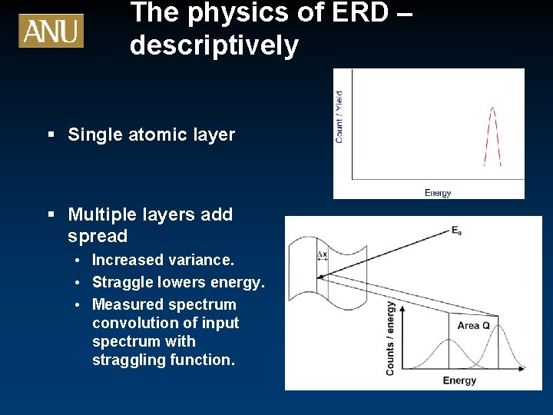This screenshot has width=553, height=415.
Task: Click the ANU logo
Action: click(x=51, y=31)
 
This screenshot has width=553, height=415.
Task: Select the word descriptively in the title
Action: click(x=214, y=46)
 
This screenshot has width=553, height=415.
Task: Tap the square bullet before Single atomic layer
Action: click(x=51, y=135)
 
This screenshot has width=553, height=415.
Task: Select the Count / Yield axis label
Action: click(x=339, y=117)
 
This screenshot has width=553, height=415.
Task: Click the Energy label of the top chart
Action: click(x=438, y=193)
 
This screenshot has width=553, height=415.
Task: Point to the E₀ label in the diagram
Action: click(x=456, y=231)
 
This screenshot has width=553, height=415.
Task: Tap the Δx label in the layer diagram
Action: click(x=322, y=254)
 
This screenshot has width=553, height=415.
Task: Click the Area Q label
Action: click(x=473, y=326)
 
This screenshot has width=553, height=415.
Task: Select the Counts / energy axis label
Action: click(x=391, y=338)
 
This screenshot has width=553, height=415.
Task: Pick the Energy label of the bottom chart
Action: click(x=459, y=380)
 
